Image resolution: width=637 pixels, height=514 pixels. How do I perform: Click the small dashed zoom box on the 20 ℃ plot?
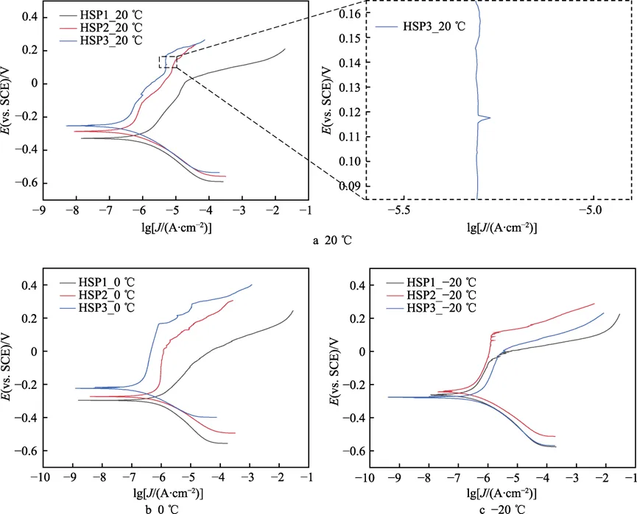[x=168, y=62]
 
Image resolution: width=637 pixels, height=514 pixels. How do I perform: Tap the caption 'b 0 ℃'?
[x=162, y=506]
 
